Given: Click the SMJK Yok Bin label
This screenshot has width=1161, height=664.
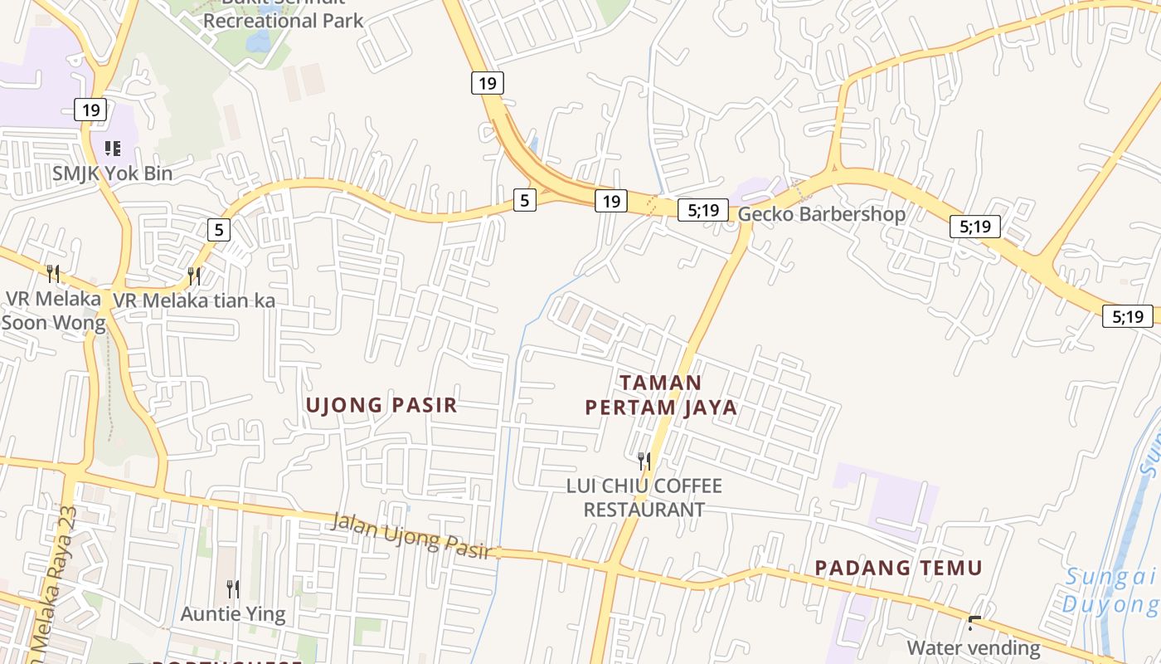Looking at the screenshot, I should click(x=113, y=173).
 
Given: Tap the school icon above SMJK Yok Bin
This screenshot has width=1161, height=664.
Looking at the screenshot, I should click(x=113, y=149).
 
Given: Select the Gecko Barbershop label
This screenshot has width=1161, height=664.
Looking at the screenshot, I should click(x=821, y=214).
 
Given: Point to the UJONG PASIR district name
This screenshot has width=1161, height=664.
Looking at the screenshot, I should click(x=381, y=405).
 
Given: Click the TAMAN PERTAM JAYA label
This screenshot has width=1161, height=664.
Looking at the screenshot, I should click(x=661, y=395).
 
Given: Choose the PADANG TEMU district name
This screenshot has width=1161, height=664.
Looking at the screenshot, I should click(x=898, y=569).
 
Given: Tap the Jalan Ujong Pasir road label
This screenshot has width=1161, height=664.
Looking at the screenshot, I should click(x=411, y=536).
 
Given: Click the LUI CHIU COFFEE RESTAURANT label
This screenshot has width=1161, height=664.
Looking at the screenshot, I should click(x=644, y=497).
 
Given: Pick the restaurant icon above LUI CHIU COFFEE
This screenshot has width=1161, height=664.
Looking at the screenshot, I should click(x=644, y=461).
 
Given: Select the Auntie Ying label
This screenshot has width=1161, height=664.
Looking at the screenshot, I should click(x=233, y=614).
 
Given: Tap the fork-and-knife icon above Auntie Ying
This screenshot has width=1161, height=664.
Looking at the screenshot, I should click(x=233, y=589).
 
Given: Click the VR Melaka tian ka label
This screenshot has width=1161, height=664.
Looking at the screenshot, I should click(x=194, y=300).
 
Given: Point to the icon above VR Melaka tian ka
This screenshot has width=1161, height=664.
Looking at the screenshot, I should click(x=194, y=276).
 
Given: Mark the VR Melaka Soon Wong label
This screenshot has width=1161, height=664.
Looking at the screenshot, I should click(x=54, y=310).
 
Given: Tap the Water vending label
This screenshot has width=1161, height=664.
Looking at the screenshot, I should click(x=974, y=647).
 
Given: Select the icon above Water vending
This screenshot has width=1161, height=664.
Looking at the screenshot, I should click(x=974, y=622).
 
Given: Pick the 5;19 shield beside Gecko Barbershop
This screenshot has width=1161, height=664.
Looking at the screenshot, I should click(x=703, y=210).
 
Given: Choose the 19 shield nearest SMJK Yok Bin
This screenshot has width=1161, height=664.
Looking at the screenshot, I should click(x=91, y=109).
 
